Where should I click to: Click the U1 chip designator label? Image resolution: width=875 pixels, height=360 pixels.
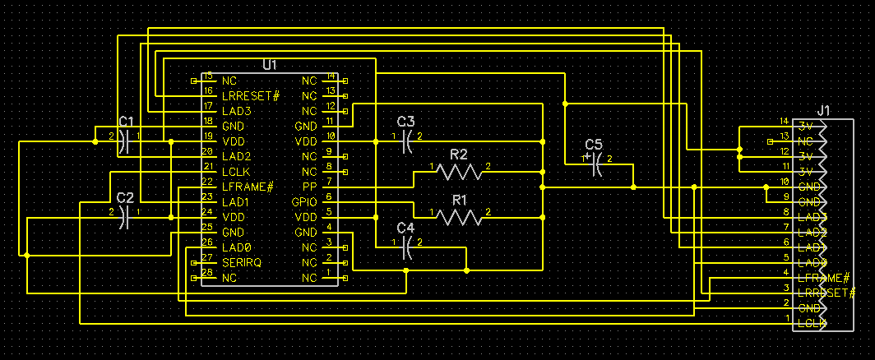coord(270,65)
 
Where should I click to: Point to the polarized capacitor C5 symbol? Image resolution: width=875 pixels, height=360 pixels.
coord(598,164)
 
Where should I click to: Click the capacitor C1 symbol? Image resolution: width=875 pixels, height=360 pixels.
coord(125,141)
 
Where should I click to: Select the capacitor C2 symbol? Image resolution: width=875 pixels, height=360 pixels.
coord(125,217)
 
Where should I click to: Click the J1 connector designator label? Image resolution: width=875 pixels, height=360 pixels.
coord(824,111)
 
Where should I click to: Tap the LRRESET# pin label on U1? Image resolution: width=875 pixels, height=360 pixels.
coord(251,95)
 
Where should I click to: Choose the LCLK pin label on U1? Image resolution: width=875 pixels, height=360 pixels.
coord(237,172)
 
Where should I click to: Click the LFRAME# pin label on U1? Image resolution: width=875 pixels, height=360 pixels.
coord(247,187)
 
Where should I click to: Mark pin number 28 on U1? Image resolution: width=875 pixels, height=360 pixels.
coord(207,272)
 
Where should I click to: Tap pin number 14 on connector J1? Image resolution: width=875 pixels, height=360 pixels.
coord(785,121)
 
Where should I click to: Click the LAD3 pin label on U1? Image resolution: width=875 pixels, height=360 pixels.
coord(236,111)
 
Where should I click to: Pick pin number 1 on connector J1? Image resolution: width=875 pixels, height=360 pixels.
coord(787,318)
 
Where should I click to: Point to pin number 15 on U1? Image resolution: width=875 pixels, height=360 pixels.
coord(207,75)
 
